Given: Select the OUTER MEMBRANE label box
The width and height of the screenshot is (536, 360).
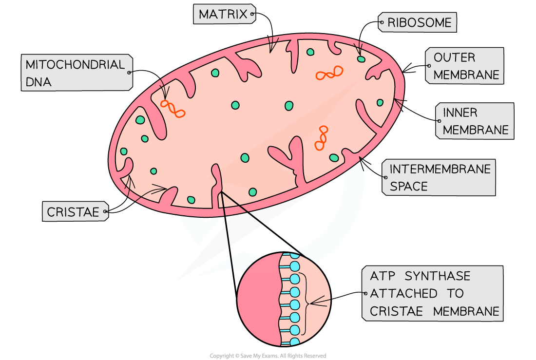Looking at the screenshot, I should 464,66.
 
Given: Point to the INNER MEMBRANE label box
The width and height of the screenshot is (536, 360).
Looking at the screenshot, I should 474,121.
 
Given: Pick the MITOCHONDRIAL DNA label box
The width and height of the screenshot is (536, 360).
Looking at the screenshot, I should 77,73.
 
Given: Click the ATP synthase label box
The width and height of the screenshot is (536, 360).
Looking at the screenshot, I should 433,293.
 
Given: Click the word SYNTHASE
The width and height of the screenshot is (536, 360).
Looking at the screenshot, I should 440,276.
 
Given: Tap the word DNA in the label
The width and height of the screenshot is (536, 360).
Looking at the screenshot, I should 38,82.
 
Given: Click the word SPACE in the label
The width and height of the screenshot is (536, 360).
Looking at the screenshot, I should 409,186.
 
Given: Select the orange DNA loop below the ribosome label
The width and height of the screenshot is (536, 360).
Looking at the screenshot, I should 329,73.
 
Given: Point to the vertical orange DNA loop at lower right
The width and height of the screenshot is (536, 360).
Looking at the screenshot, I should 321,138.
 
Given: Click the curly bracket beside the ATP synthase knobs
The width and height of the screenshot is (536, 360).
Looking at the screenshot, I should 306,304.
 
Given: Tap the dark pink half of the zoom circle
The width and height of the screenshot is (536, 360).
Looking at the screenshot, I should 257,298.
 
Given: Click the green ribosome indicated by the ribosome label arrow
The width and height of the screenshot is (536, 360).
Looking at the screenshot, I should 361,59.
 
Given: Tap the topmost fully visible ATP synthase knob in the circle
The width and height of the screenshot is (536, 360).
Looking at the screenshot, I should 295,266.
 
